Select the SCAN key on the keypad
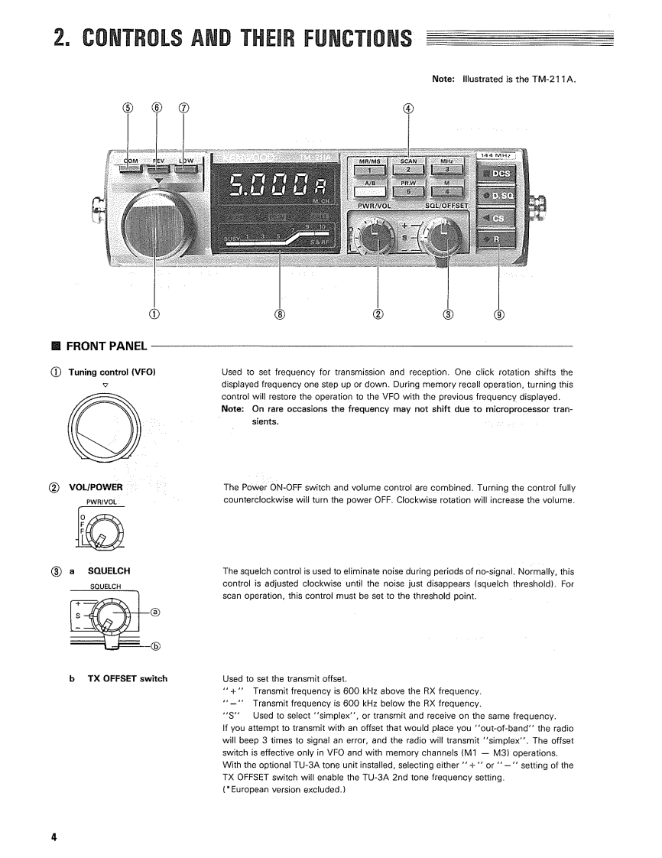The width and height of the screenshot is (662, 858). click(408, 165)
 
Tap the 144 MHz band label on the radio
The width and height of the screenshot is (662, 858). click(497, 155)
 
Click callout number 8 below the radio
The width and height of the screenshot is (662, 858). click(280, 314)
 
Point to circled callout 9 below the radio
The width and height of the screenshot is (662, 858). click(499, 314)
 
